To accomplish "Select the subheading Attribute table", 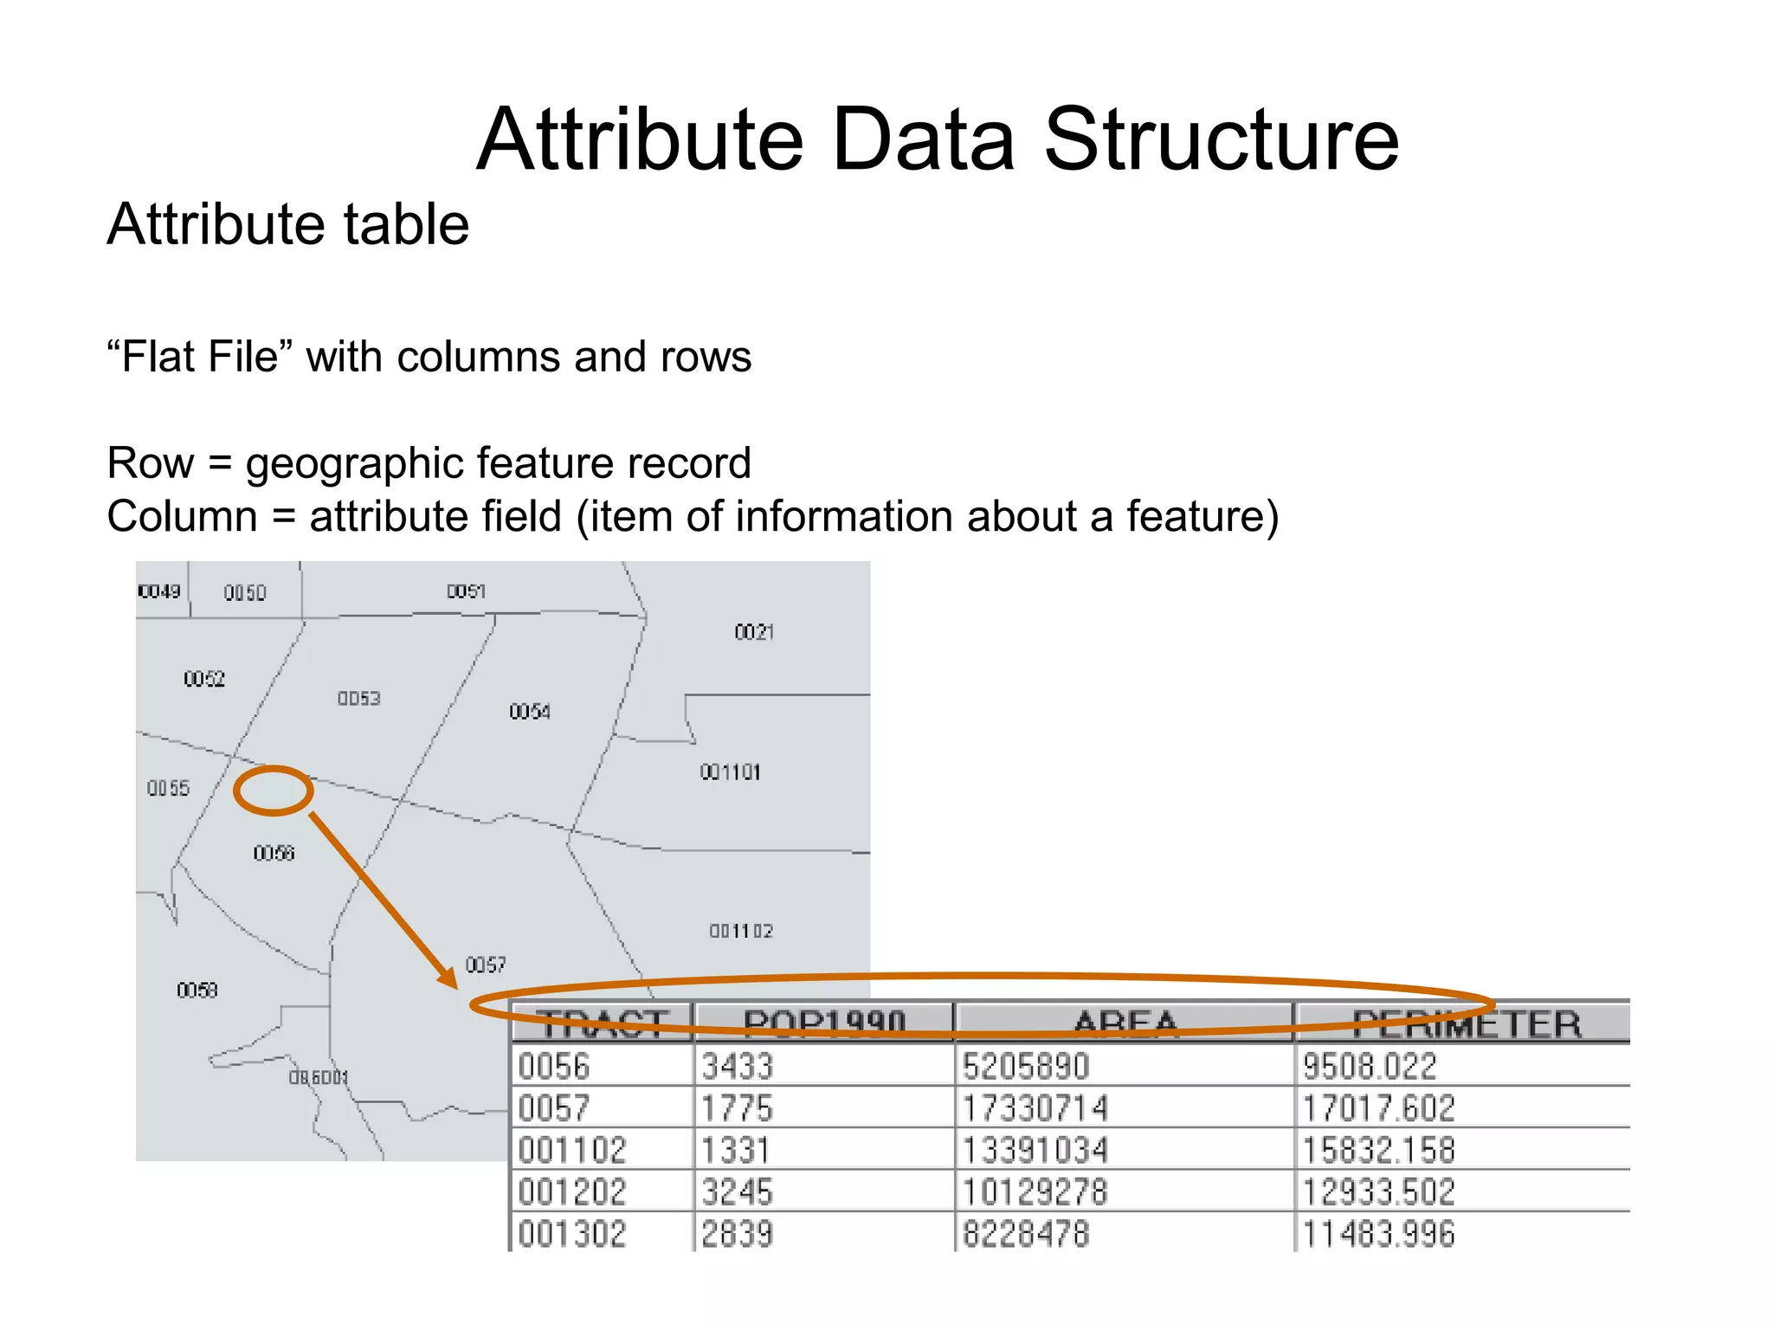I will click(x=287, y=225).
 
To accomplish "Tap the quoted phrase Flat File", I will click(x=200, y=357).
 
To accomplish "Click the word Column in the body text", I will click(x=182, y=517).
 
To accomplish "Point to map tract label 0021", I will click(x=753, y=632).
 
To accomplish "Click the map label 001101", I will click(x=730, y=772).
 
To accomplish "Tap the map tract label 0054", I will click(x=529, y=712).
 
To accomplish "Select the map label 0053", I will click(x=358, y=698).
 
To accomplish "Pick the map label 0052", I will click(x=204, y=679).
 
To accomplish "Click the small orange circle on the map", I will click(x=273, y=791).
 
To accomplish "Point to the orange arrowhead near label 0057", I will click(x=448, y=978).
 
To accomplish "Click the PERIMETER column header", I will click(x=1466, y=1023).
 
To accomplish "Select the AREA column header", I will click(x=1125, y=1023).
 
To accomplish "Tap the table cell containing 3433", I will click(x=737, y=1066).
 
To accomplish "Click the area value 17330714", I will click(x=1035, y=1108).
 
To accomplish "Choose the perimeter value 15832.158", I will click(x=1378, y=1151).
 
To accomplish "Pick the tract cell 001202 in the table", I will click(x=571, y=1192).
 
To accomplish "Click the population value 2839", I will click(x=737, y=1234).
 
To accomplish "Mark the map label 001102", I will click(x=740, y=932).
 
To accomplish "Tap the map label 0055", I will click(x=168, y=788).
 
